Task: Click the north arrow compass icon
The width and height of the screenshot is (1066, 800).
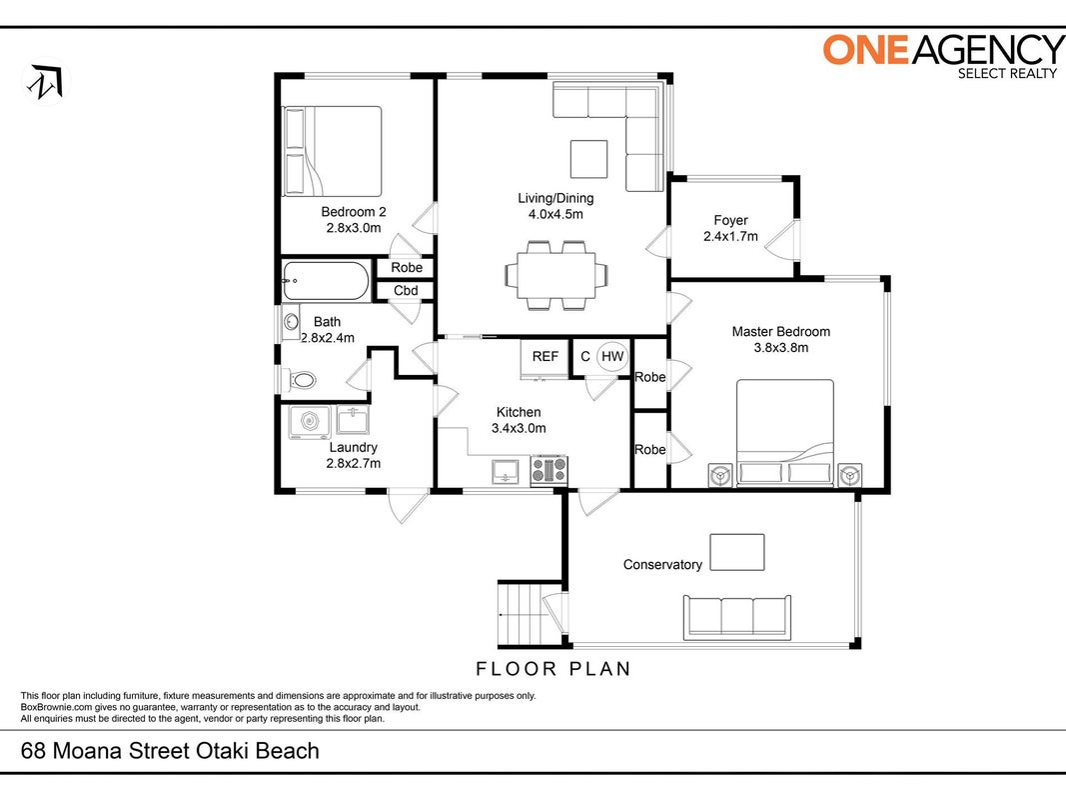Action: click(46, 81)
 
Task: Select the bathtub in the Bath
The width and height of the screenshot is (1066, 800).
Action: click(327, 281)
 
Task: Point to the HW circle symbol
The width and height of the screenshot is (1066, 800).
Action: click(611, 356)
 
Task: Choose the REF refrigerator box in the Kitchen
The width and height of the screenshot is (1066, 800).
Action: click(543, 359)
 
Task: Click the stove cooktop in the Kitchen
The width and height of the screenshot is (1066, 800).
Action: click(548, 469)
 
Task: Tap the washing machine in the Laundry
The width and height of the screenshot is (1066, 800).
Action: click(310, 422)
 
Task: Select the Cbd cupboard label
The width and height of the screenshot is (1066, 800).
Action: click(406, 290)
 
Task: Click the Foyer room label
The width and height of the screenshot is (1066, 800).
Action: click(731, 220)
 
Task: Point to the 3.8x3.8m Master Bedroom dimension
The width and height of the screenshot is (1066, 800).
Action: click(781, 348)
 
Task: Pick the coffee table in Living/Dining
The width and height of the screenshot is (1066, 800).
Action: click(588, 159)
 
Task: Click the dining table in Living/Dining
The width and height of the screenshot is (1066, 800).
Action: click(556, 275)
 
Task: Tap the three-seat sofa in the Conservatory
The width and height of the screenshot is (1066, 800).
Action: click(737, 617)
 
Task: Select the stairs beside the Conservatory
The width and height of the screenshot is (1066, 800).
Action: click(523, 614)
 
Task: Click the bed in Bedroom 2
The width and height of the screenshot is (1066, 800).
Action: click(333, 151)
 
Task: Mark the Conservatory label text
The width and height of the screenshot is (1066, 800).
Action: click(662, 565)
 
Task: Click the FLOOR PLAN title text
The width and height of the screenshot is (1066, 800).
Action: click(553, 669)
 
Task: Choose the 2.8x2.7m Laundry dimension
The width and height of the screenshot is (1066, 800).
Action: click(354, 463)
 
